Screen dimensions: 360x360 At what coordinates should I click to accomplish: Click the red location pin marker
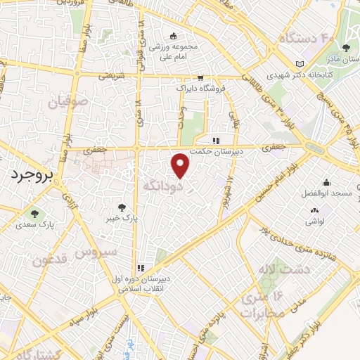(181, 165)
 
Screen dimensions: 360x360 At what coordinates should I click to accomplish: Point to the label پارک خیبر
(122, 217)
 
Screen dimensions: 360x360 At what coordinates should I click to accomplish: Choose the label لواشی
(314, 220)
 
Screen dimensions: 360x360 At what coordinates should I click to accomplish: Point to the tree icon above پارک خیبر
(122, 207)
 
